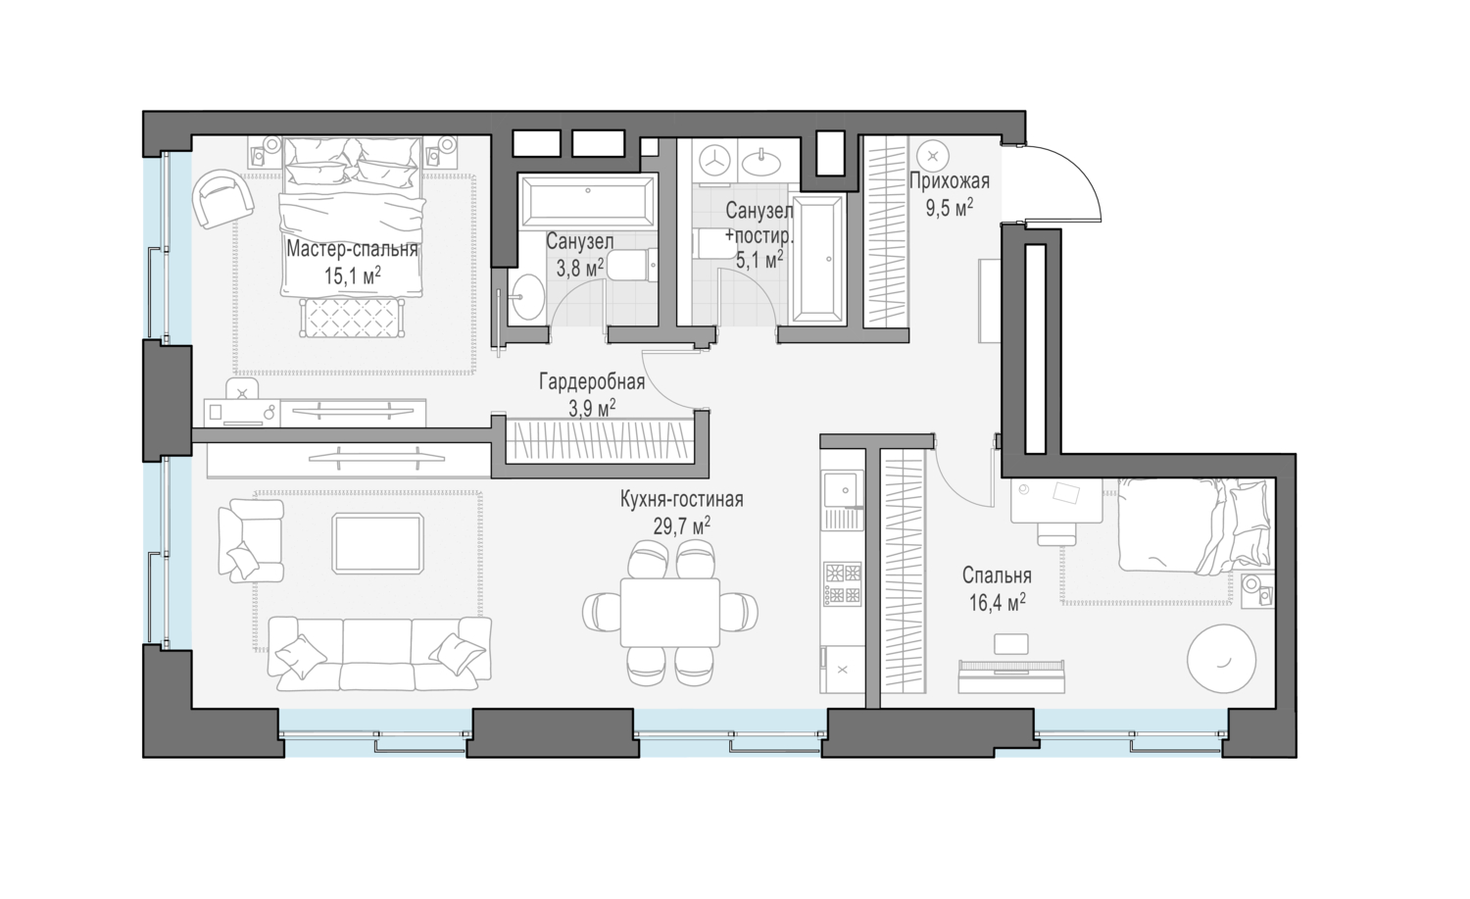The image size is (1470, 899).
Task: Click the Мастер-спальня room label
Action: (x=353, y=250)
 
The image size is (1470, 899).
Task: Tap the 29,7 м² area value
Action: (x=682, y=525)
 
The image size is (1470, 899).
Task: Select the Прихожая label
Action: (x=949, y=180)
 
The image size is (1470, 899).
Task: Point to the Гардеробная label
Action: (x=592, y=382)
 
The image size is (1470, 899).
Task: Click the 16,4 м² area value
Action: (x=997, y=602)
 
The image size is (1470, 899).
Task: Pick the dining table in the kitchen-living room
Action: (x=670, y=612)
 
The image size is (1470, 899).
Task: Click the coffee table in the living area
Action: (x=377, y=543)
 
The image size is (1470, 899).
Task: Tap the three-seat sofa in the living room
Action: (x=379, y=653)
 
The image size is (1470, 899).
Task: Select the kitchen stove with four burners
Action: (x=842, y=583)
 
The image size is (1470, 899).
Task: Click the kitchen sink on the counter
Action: (x=842, y=490)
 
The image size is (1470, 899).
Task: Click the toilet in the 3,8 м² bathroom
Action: (x=632, y=266)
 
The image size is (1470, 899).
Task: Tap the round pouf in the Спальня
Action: (x=1221, y=659)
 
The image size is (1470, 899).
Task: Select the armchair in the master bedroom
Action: (x=221, y=199)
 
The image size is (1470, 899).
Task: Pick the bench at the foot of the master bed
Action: (x=351, y=318)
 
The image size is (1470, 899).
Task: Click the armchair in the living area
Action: (x=250, y=540)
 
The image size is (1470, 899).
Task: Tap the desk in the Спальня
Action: (x=1055, y=500)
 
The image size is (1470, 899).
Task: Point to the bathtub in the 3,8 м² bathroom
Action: (x=587, y=200)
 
